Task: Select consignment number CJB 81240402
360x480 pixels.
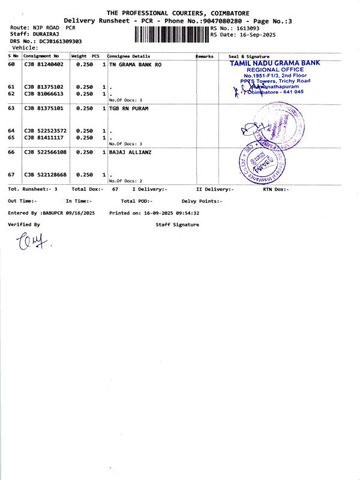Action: click(x=44, y=64)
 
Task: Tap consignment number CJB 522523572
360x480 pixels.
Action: click(x=46, y=131)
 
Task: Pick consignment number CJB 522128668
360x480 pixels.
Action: click(x=46, y=175)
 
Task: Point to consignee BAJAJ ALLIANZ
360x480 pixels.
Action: click(x=130, y=153)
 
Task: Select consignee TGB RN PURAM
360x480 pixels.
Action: click(x=128, y=109)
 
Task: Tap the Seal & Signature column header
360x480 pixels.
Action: click(x=246, y=56)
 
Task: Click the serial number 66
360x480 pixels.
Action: click(x=11, y=153)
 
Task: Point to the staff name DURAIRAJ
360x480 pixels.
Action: click(x=43, y=35)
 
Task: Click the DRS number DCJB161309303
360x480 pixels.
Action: click(x=61, y=41)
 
